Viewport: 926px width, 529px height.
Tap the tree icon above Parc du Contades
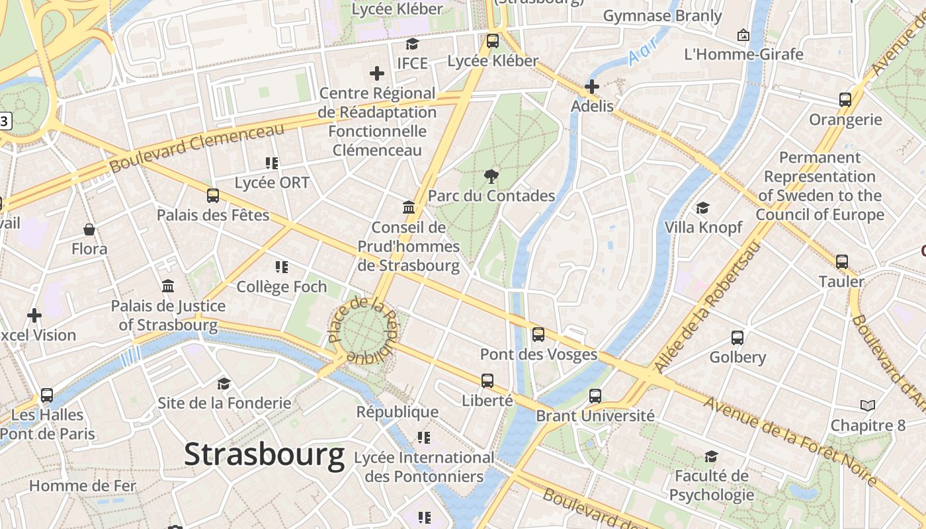pyautogui.click(x=491, y=176)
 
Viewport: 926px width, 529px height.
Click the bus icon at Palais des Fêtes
pyautogui.click(x=212, y=196)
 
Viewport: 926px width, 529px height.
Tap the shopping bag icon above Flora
pyautogui.click(x=89, y=229)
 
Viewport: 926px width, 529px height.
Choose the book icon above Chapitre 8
pyautogui.click(x=867, y=405)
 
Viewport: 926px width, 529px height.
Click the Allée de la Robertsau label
pyautogui.click(x=707, y=307)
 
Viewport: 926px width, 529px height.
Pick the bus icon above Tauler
pyautogui.click(x=841, y=262)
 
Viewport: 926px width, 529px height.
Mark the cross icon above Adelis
pyautogui.click(x=592, y=87)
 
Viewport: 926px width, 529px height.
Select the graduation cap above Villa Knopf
pyautogui.click(x=702, y=208)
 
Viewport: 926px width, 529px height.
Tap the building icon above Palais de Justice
pyautogui.click(x=168, y=286)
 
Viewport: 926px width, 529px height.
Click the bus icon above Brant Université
pyautogui.click(x=595, y=396)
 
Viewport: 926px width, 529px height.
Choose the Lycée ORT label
pyautogui.click(x=272, y=183)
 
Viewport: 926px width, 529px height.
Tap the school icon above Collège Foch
pyautogui.click(x=282, y=267)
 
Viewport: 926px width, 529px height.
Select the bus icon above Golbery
pyautogui.click(x=737, y=338)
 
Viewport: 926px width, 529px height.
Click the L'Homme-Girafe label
pyautogui.click(x=743, y=54)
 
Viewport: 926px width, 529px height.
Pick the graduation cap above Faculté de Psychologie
pyautogui.click(x=711, y=456)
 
